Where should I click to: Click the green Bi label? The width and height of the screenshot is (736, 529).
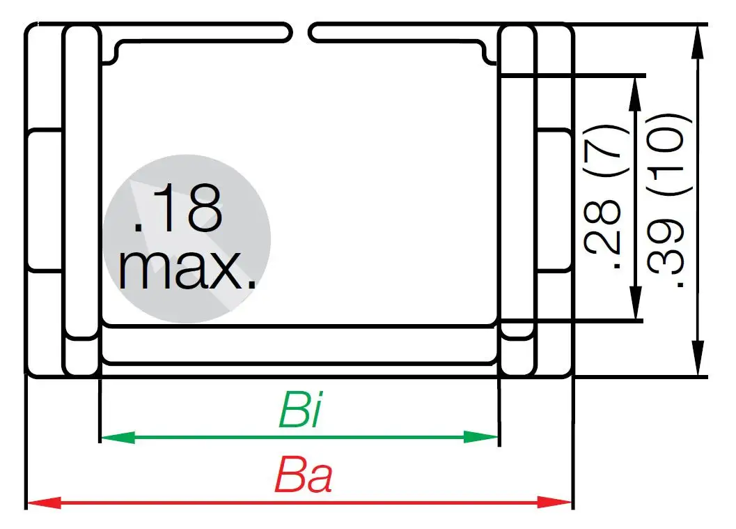point(299,411)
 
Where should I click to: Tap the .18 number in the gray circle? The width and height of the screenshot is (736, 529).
point(178,209)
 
